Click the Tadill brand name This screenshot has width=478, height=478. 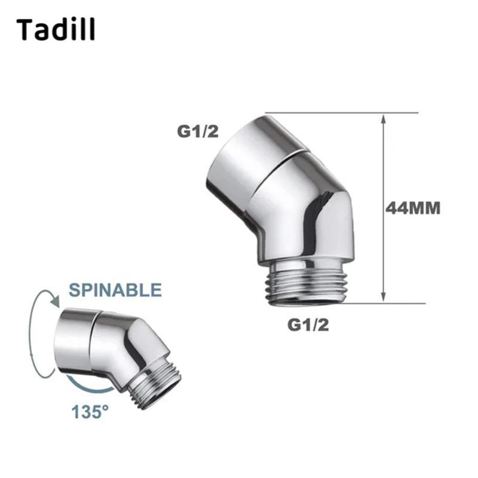tap(56, 29)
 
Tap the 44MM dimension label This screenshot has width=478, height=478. tap(413, 209)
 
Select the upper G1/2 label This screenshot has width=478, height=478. tap(198, 131)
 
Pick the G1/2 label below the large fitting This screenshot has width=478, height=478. tap(308, 325)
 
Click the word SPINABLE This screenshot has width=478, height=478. tap(115, 290)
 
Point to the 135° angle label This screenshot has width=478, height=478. tap(90, 412)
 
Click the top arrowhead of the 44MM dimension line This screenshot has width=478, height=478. tap(384, 118)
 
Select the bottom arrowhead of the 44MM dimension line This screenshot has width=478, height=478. tap(384, 297)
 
